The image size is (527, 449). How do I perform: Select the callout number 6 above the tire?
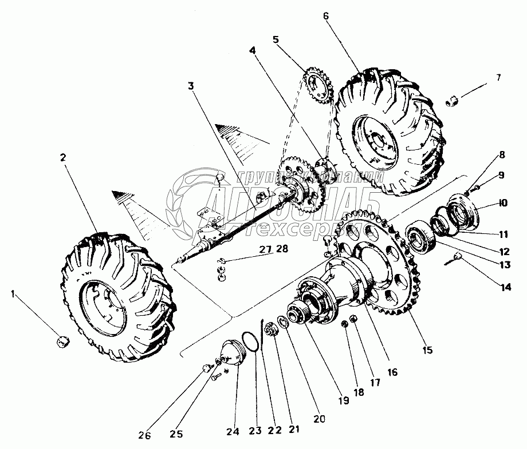(326, 16)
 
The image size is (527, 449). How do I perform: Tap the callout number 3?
(191, 86)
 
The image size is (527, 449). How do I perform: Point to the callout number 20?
(319, 419)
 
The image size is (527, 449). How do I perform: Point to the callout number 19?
(343, 402)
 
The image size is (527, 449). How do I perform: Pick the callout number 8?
(501, 154)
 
